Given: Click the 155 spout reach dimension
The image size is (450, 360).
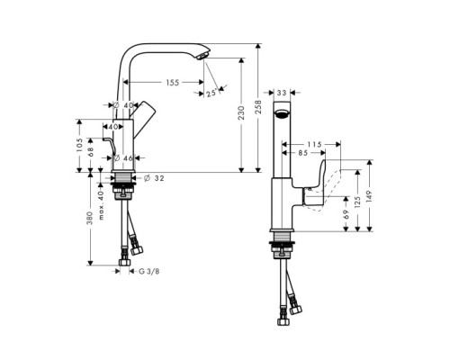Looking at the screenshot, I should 170,83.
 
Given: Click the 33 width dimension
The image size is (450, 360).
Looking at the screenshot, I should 282,93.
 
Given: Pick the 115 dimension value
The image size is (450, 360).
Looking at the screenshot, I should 314,144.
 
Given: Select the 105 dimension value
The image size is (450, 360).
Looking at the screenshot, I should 80,146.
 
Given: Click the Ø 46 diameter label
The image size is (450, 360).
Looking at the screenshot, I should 122,158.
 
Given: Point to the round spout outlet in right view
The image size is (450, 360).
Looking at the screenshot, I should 282,116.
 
